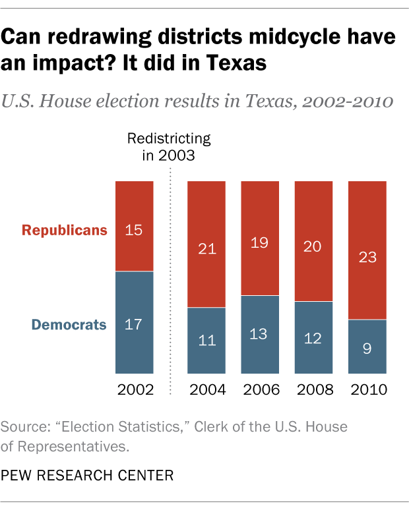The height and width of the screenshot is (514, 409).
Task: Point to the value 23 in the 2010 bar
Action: point(367,257)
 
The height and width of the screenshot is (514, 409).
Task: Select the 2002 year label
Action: point(135,390)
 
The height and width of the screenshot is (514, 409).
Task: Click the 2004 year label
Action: point(206,390)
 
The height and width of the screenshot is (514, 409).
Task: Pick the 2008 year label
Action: point(313,390)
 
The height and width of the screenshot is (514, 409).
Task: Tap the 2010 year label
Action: point(367,390)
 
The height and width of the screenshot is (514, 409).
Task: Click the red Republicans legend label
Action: point(64,230)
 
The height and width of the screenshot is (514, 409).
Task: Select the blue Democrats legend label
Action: point(69,324)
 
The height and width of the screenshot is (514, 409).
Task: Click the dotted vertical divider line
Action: point(171,283)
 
